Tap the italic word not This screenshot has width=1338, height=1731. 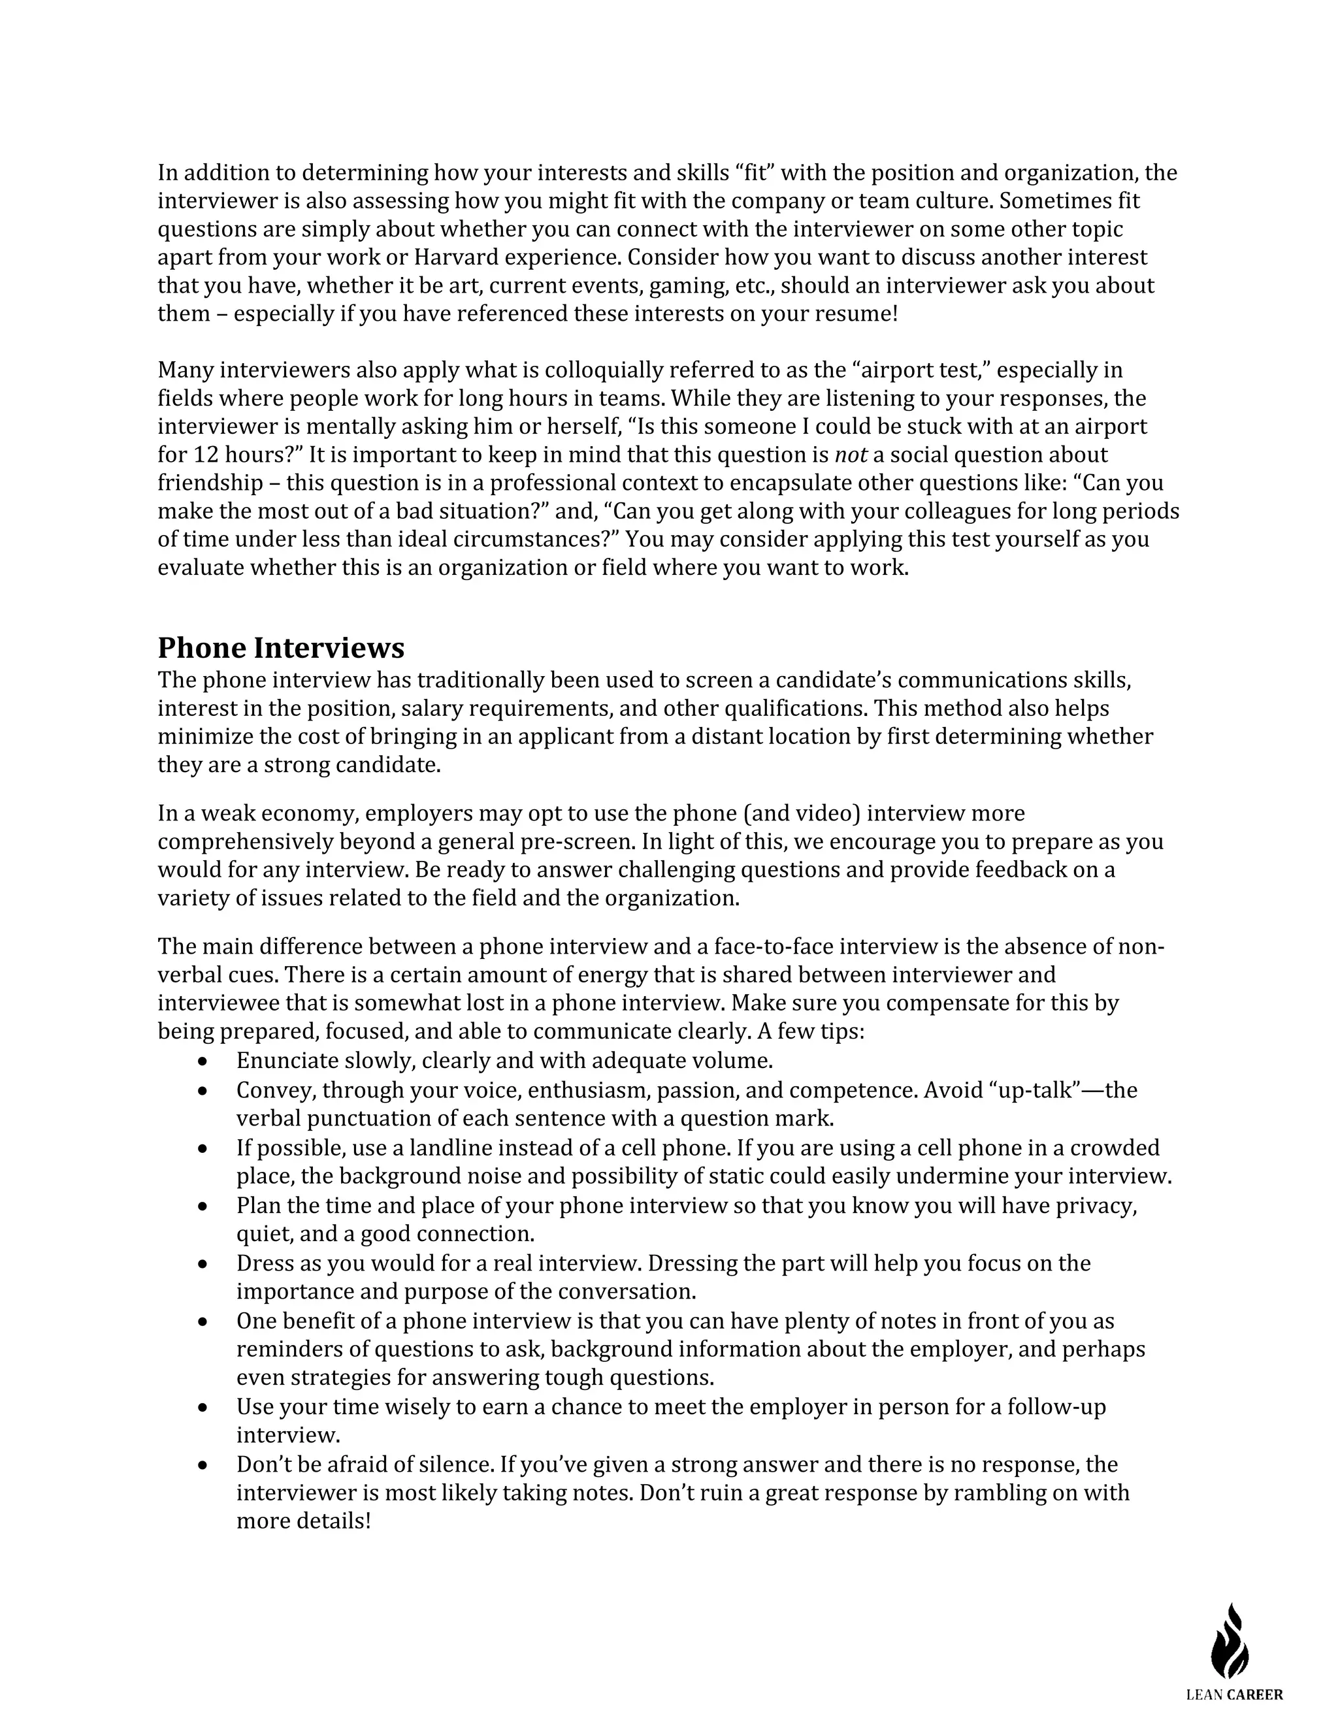[851, 455]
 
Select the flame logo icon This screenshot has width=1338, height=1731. [1230, 1641]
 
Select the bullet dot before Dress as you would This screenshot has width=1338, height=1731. [204, 1263]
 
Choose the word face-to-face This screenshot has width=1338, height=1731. [773, 946]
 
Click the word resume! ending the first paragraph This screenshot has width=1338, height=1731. [863, 314]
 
